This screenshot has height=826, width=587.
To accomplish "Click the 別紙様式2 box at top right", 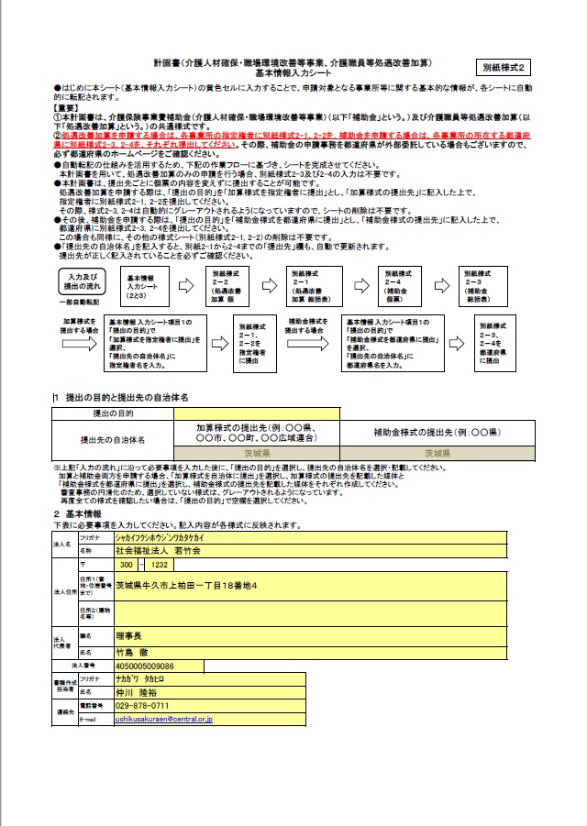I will tap(504, 68).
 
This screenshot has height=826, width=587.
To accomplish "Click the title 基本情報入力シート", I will tap(293, 72).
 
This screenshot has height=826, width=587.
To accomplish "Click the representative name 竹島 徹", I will tap(134, 652).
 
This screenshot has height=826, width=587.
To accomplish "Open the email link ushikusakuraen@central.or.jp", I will tap(163, 720).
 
